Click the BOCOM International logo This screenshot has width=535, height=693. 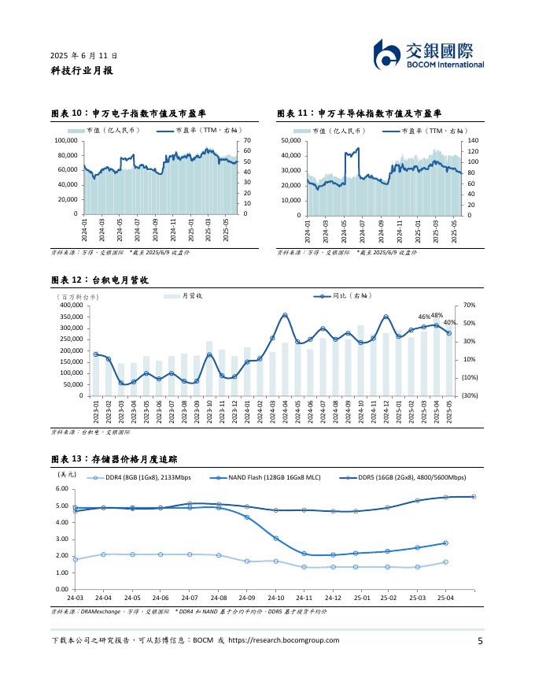(x=429, y=55)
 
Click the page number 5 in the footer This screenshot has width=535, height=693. (x=480, y=641)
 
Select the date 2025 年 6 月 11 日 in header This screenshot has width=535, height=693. (x=84, y=56)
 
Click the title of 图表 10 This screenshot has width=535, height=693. (x=133, y=114)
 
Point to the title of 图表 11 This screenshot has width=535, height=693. (x=360, y=114)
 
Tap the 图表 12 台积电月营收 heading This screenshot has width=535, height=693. (x=99, y=280)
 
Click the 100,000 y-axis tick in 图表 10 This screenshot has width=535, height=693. (x=66, y=140)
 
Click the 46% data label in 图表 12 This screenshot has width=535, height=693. (x=423, y=317)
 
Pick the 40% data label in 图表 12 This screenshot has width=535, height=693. (x=449, y=323)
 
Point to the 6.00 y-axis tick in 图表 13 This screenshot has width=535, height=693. (x=62, y=489)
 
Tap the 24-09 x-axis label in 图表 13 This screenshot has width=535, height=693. (x=247, y=598)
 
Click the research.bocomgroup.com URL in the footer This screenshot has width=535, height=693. (x=283, y=641)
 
